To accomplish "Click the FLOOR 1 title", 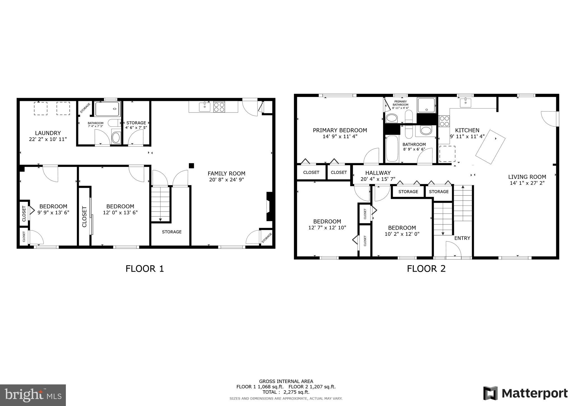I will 145,269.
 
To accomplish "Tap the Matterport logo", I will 526,393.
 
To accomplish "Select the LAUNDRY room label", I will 48,133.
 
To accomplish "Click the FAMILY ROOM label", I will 226,174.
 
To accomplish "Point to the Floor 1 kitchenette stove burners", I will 219,107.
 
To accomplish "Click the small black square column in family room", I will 191,166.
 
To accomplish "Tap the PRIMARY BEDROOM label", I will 340,130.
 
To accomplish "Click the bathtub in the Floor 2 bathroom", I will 392,149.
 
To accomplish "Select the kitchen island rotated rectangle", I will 490,147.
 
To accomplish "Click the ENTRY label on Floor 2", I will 462,238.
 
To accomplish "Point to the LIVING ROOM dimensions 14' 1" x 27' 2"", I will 527,183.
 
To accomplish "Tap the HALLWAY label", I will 378,173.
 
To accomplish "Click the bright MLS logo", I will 33,395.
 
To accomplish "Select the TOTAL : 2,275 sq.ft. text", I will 286,392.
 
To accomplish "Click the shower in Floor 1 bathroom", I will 107,109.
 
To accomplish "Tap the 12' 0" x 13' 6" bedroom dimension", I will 120,213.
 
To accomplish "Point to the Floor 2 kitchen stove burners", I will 444,121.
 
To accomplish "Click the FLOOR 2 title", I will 426,269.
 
